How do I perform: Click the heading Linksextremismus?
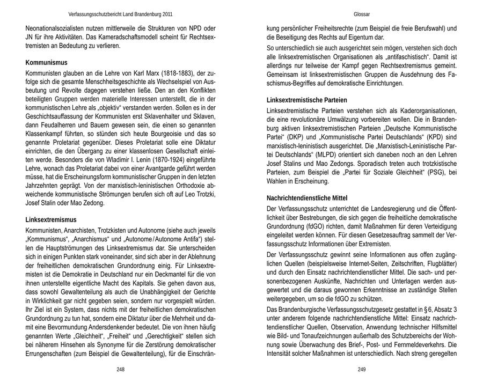click(x=51, y=219)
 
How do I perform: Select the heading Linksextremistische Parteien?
click(x=307, y=100)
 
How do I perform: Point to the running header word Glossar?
click(x=362, y=14)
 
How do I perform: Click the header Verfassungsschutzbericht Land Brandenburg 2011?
click(x=121, y=14)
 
